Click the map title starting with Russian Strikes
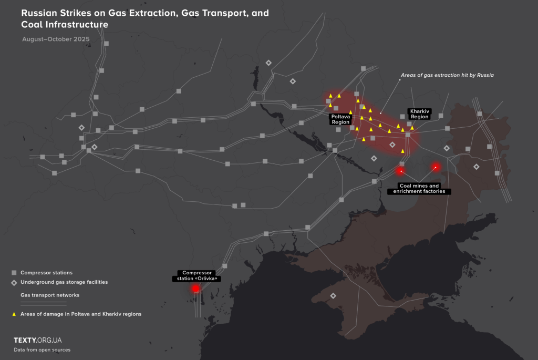145,18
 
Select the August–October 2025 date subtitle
56,39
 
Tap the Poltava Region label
340,119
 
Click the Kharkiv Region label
419,114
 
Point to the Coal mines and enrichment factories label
419,189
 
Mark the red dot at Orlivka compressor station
195,288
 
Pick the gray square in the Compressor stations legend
14,273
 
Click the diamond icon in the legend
14,282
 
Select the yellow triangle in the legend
14,314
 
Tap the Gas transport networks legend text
50,295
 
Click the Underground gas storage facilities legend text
64,282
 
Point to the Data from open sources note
42,349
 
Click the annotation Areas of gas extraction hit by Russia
447,76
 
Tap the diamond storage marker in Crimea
333,295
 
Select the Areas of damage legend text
81,314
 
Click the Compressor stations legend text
46,273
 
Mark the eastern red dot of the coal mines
436,167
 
